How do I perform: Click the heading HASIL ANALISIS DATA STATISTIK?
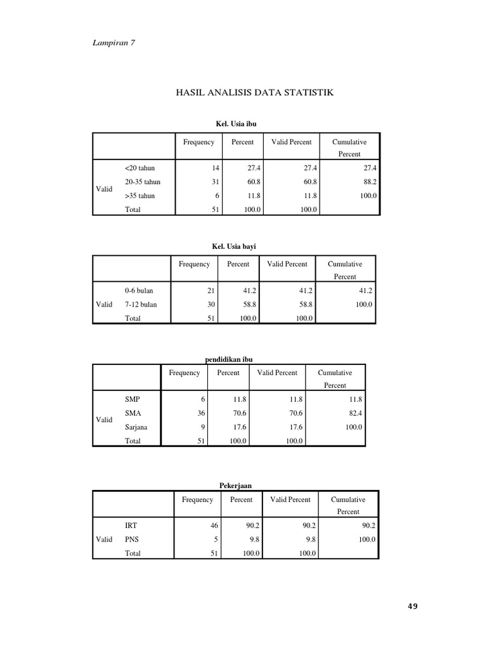click(254, 93)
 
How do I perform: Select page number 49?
click(412, 606)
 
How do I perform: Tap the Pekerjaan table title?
click(235, 486)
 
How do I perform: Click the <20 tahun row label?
click(140, 168)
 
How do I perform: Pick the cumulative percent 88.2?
click(369, 182)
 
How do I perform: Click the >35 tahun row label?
click(140, 196)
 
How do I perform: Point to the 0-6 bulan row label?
click(139, 290)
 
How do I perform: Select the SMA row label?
click(133, 413)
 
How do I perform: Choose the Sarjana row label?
click(136, 427)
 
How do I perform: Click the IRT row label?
click(131, 526)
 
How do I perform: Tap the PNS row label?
click(132, 540)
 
